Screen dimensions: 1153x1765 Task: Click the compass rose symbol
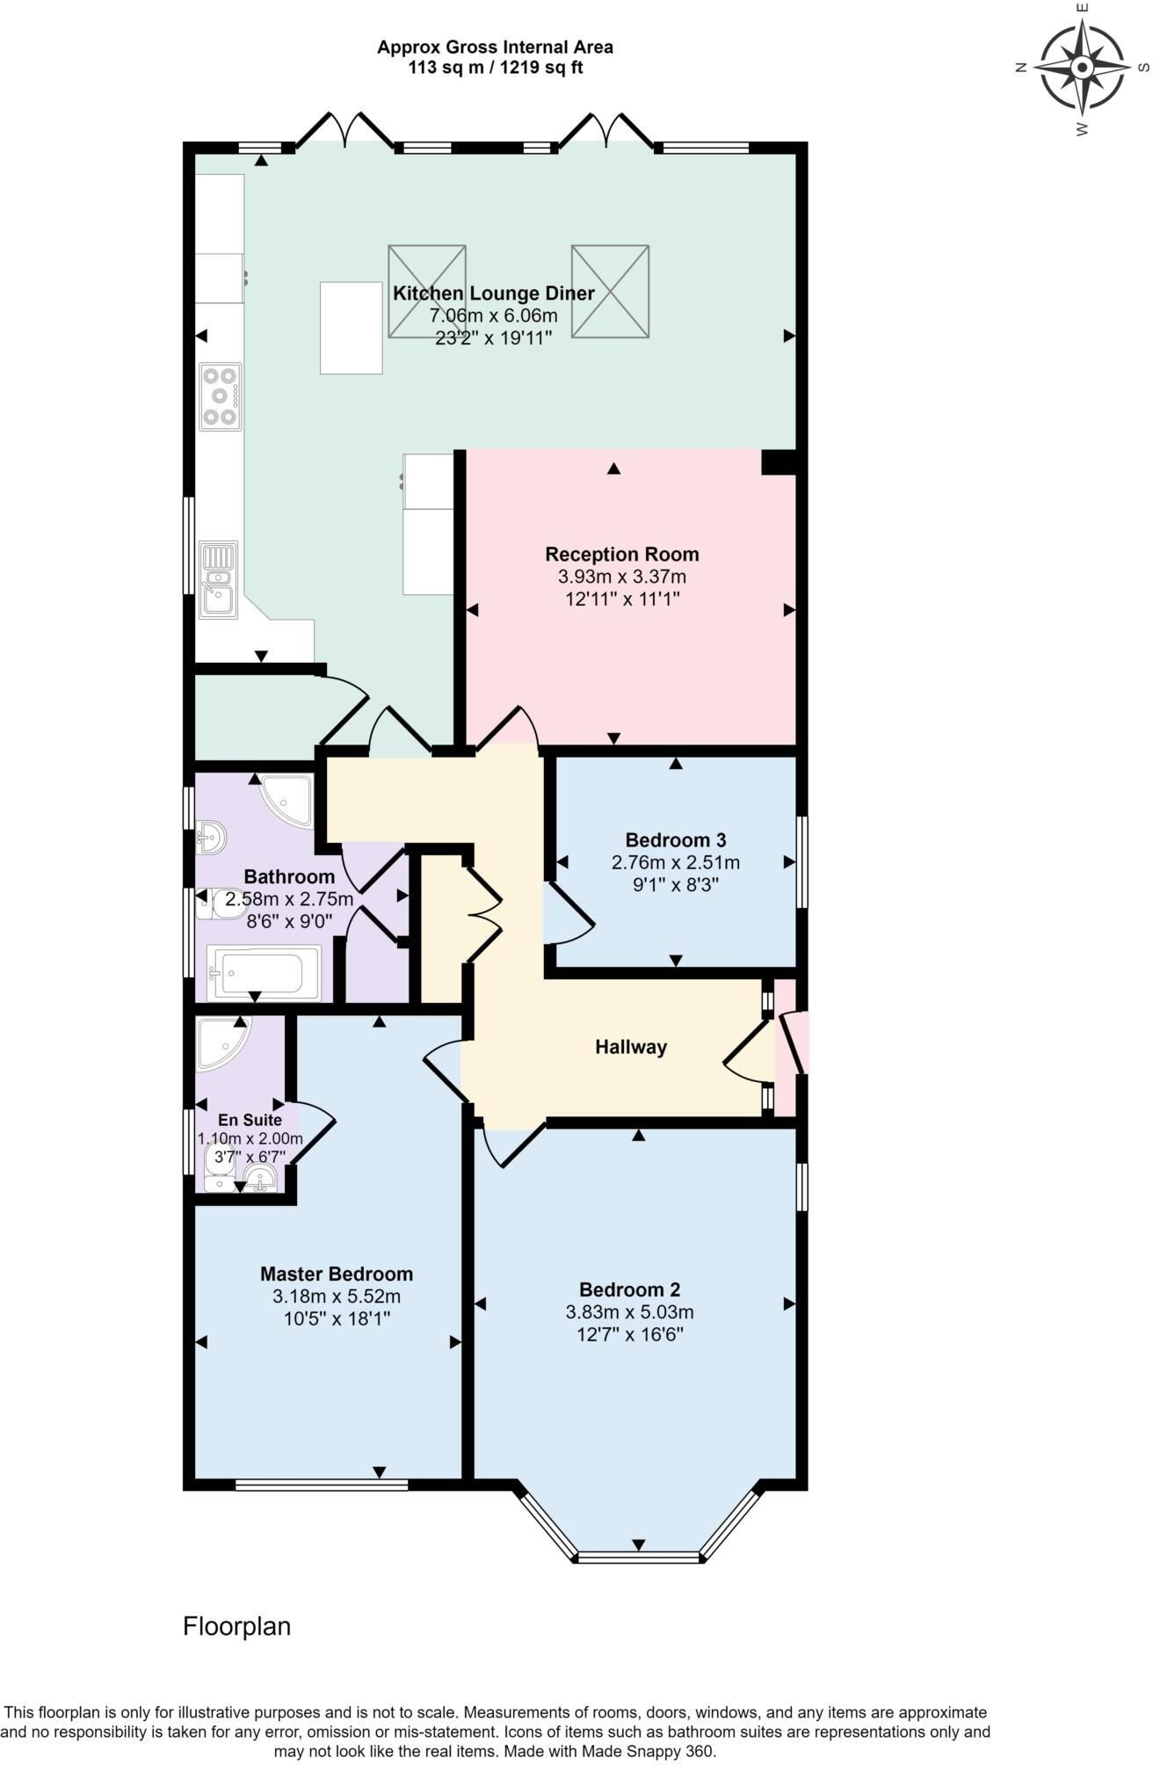coord(1082,68)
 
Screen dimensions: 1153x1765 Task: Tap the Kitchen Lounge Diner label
coord(494,294)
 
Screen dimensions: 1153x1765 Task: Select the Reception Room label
coord(622,555)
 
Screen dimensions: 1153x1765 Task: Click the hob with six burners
coord(221,396)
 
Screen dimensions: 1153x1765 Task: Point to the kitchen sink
coord(219,580)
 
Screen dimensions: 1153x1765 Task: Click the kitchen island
coord(352,328)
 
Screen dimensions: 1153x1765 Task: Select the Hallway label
coord(631,1047)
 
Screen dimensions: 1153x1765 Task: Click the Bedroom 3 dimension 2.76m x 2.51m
coord(676,862)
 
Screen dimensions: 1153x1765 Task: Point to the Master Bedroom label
coord(337,1275)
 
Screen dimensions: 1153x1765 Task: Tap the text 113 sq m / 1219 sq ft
coord(496,67)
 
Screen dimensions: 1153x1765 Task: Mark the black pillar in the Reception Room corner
coord(779,462)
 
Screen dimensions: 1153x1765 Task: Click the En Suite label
coord(250,1120)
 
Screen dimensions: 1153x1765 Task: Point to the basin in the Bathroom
coord(211,836)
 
